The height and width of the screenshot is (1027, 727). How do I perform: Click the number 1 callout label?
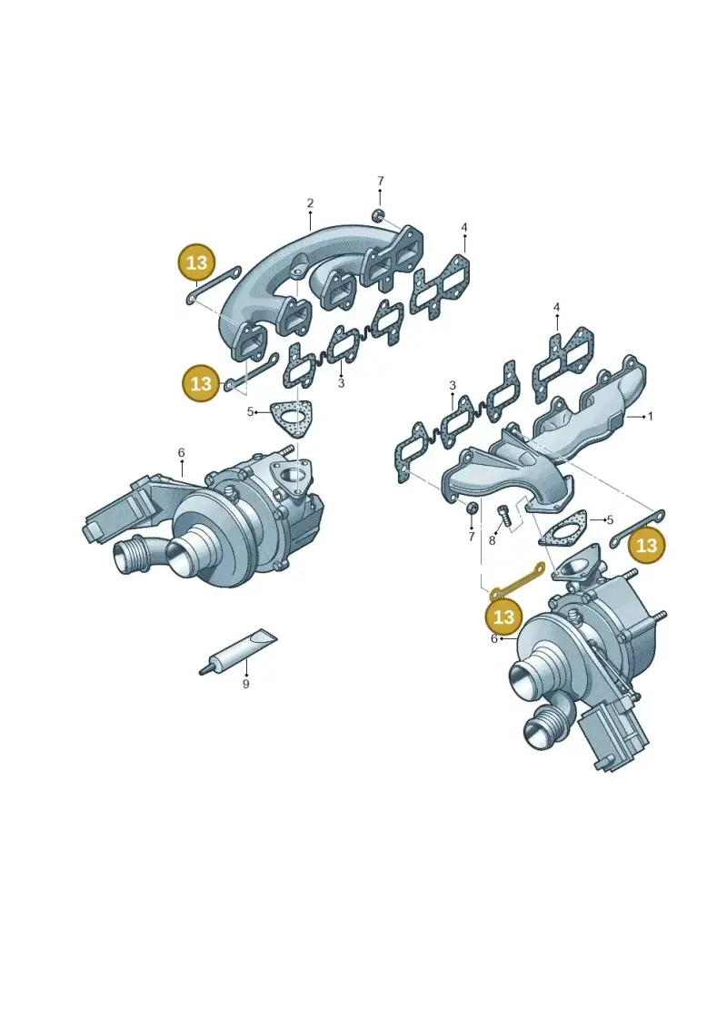[651, 416]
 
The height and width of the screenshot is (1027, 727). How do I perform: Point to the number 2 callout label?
[310, 203]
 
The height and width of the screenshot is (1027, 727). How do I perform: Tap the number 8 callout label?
[492, 541]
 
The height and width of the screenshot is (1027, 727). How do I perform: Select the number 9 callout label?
[246, 684]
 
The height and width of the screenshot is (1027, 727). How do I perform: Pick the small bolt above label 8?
[503, 515]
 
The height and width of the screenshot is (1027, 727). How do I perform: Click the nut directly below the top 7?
[378, 215]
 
